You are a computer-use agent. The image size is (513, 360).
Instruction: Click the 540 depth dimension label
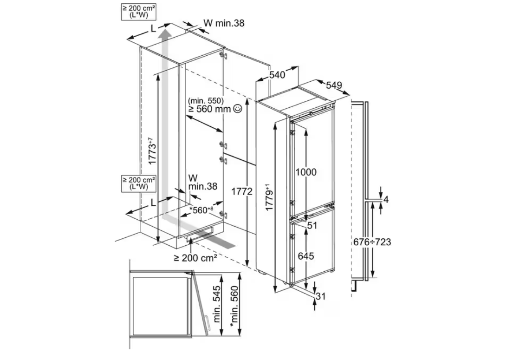(277, 74)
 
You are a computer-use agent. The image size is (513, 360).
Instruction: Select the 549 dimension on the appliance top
(334, 85)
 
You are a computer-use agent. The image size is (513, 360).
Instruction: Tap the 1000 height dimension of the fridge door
(306, 172)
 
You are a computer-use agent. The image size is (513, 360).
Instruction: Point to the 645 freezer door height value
(306, 256)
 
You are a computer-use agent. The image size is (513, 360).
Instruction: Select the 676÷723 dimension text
(372, 242)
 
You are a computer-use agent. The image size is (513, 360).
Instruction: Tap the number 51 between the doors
(312, 226)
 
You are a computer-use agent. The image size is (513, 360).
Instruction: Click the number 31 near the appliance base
(321, 296)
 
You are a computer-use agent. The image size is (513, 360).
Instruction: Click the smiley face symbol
(238, 109)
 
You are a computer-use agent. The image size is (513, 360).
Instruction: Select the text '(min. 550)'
(206, 101)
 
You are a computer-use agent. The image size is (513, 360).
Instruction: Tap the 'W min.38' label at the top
(224, 22)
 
